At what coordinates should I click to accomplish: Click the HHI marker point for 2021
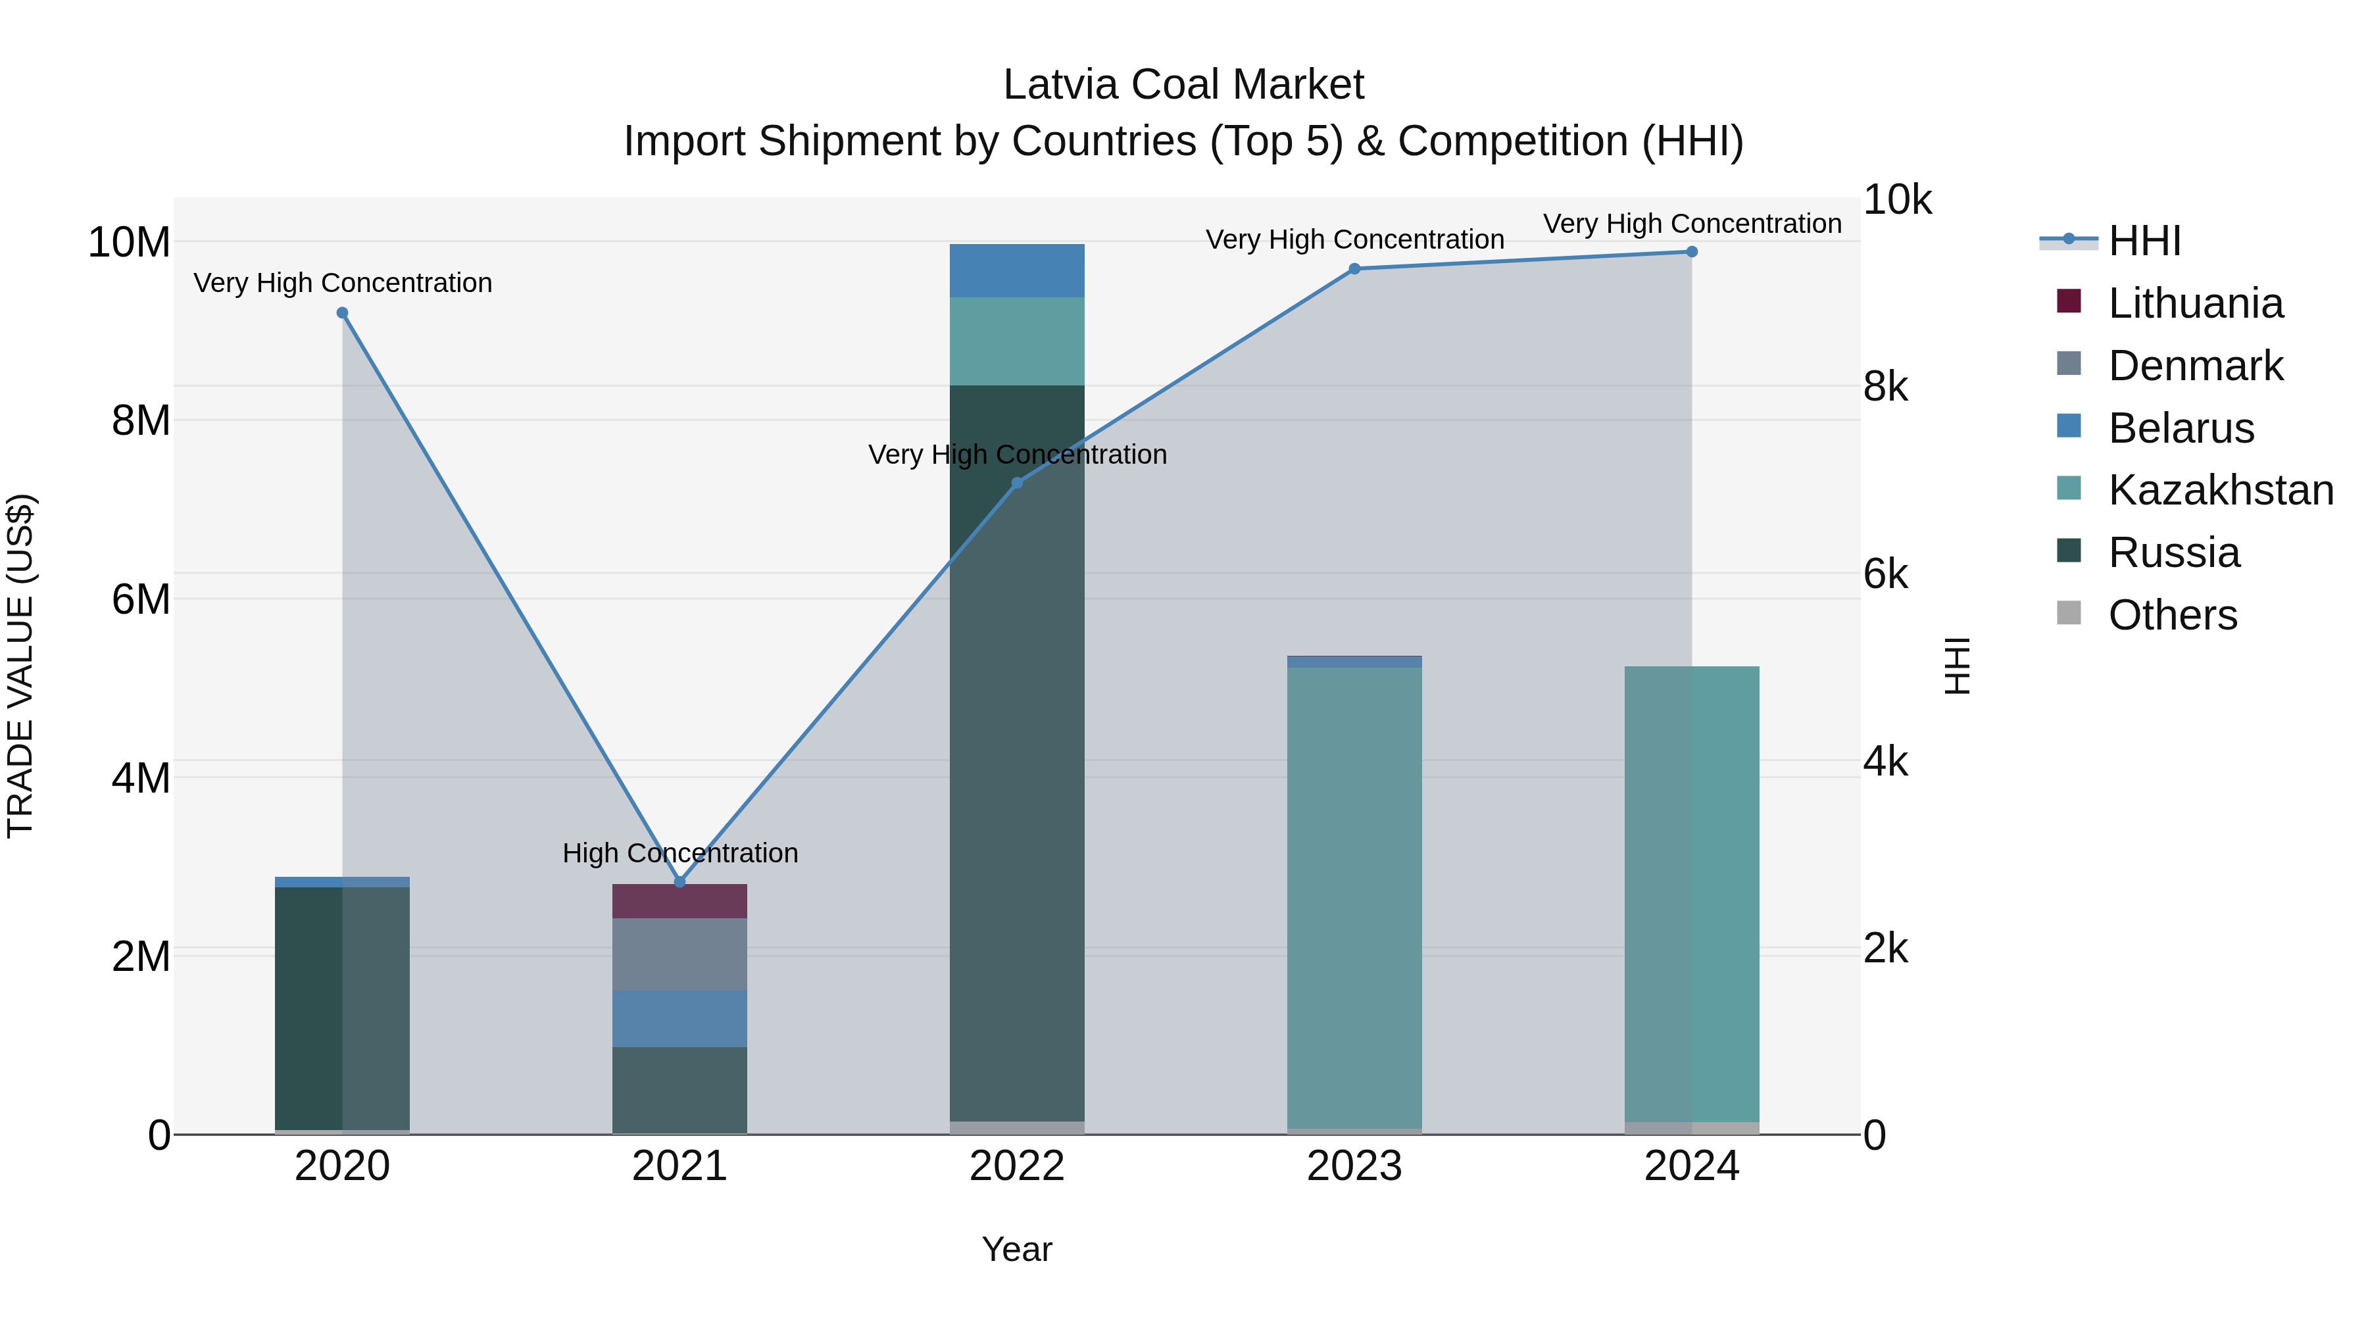click(679, 881)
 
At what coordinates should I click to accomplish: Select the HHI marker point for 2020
click(342, 312)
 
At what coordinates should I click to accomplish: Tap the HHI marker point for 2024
click(1691, 252)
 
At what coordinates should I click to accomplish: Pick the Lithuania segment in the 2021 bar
click(679, 901)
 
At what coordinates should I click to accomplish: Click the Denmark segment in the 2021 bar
click(679, 954)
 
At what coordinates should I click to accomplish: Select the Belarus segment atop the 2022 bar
click(1017, 270)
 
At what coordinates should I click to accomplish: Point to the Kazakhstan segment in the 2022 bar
click(1017, 341)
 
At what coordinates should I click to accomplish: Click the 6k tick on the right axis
click(1885, 574)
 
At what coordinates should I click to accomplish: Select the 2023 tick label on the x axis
click(1354, 1166)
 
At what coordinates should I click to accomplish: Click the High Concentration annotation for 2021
click(680, 853)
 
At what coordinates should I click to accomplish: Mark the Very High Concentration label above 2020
click(343, 283)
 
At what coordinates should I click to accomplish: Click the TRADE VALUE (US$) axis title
click(20, 666)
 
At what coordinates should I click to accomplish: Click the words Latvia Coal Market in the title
click(1183, 85)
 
